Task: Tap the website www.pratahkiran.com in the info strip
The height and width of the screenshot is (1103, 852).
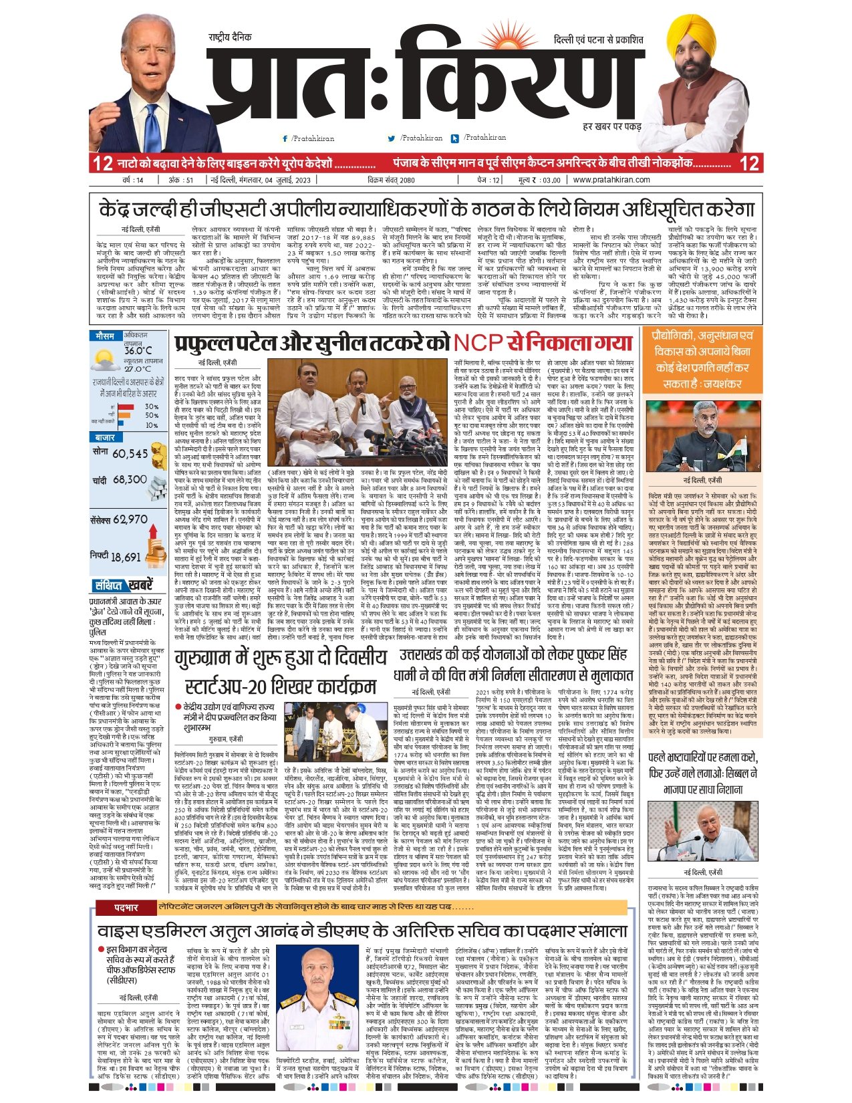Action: tap(611, 180)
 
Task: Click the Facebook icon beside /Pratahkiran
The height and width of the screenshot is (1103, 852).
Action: tap(285, 138)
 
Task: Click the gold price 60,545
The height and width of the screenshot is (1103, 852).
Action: tap(130, 454)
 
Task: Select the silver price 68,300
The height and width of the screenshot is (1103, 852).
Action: tap(130, 479)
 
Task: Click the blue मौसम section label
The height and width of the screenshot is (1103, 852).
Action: tap(106, 336)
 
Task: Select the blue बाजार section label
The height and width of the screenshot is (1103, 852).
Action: tap(106, 437)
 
